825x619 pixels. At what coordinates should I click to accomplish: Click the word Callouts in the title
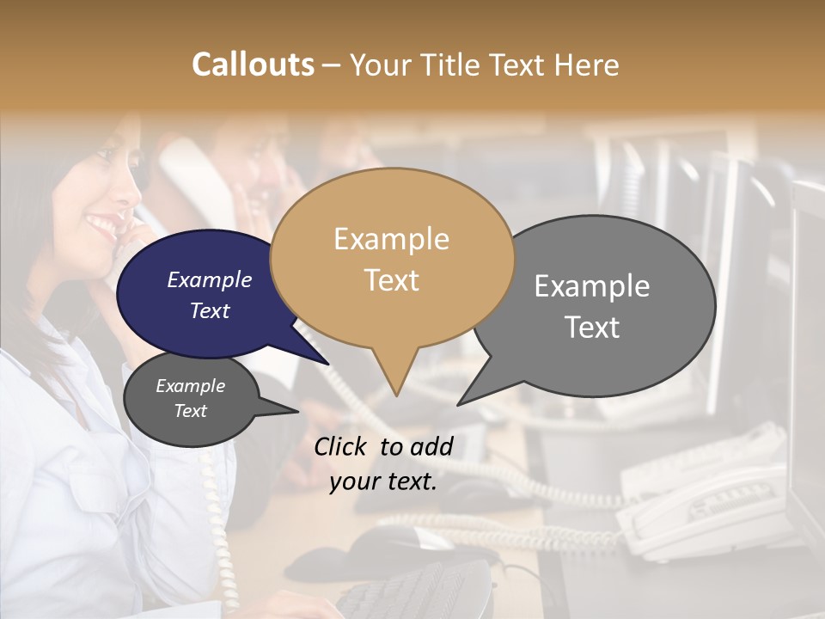pos(253,64)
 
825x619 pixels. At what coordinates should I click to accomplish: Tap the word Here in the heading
pos(586,64)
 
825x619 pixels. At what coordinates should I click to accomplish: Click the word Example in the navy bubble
pos(209,279)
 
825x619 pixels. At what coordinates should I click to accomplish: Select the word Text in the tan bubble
pos(392,280)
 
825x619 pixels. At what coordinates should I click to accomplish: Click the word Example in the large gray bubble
pos(592,285)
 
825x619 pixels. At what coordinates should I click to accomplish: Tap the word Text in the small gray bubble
pos(191,411)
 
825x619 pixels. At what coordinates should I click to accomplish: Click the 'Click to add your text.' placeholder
pos(383,463)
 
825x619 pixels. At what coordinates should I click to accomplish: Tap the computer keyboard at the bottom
pos(412,593)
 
